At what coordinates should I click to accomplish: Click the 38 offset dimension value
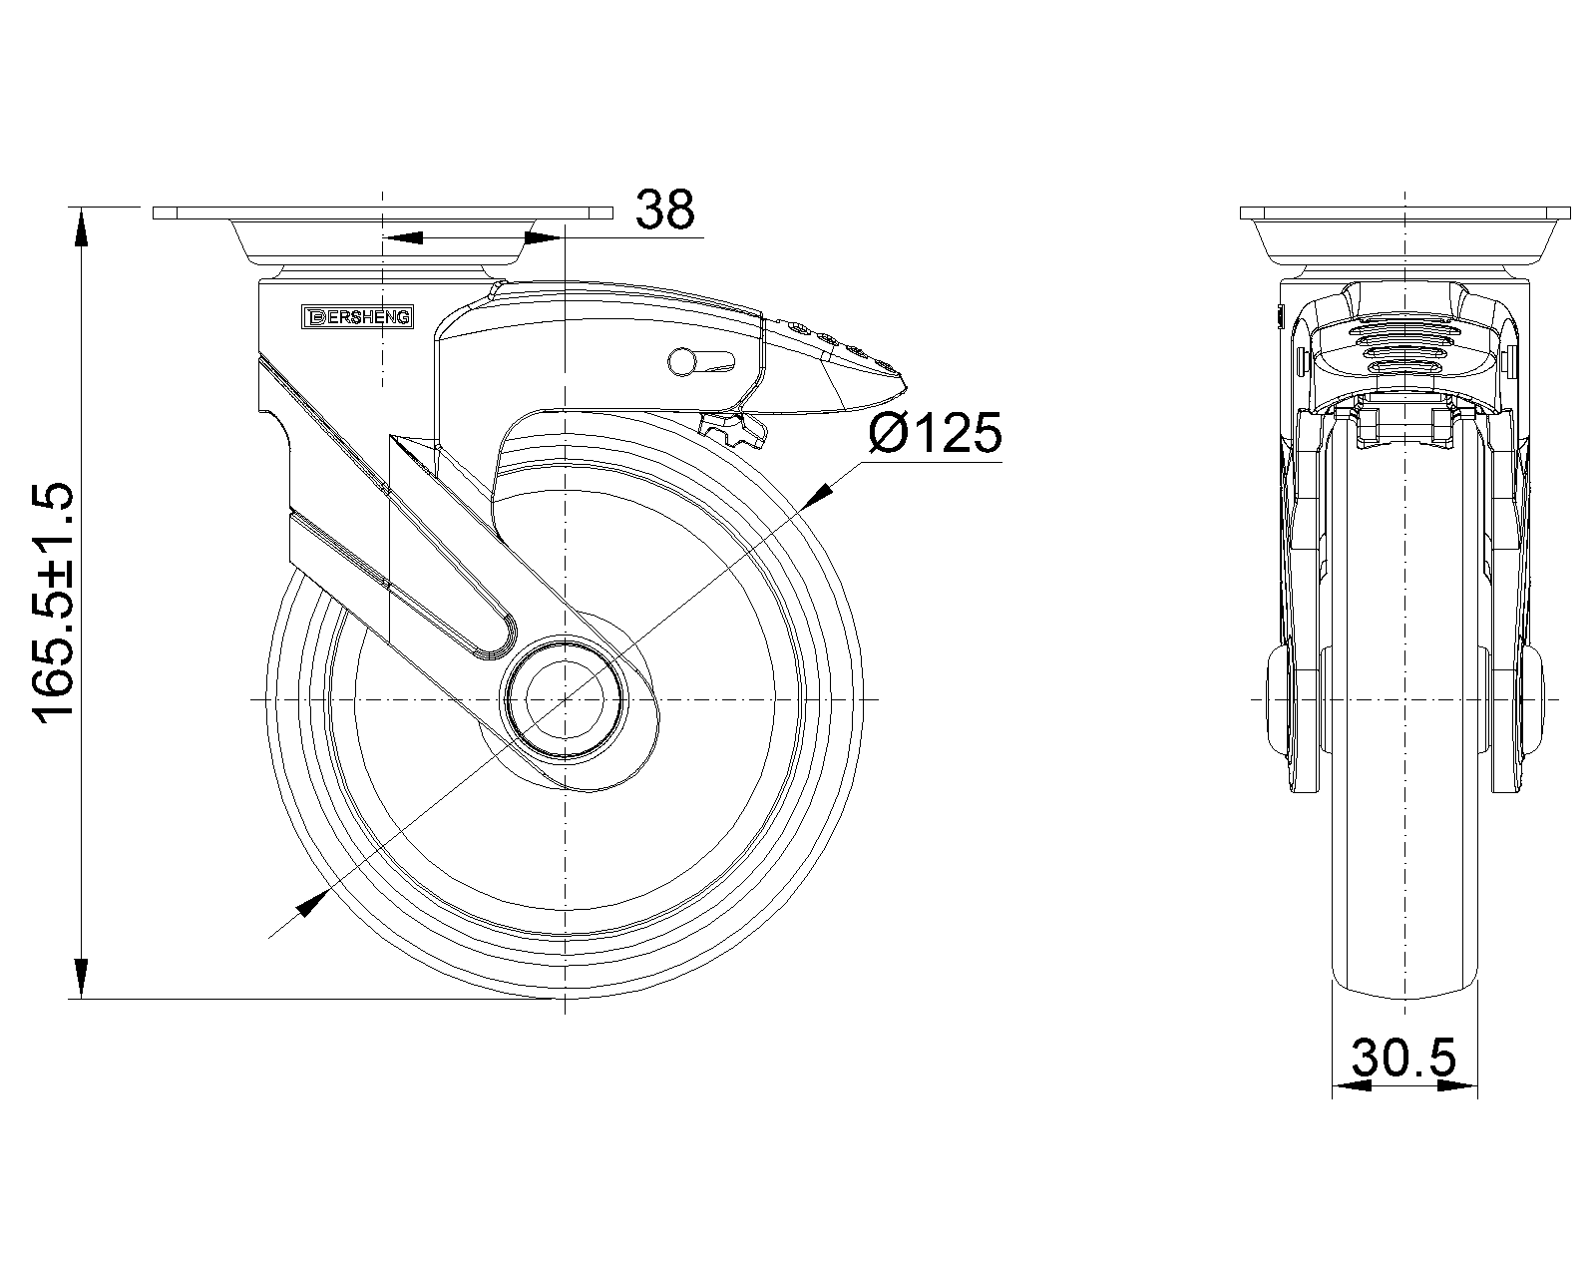click(x=665, y=211)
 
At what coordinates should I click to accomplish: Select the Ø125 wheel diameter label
click(x=935, y=434)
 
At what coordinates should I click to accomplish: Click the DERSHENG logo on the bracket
click(x=358, y=317)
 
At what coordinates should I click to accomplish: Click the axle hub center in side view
click(x=565, y=700)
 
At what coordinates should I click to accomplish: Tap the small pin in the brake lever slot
click(x=682, y=361)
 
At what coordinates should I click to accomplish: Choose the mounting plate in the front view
click(x=1404, y=213)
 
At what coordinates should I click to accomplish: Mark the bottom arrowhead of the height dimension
click(x=80, y=978)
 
